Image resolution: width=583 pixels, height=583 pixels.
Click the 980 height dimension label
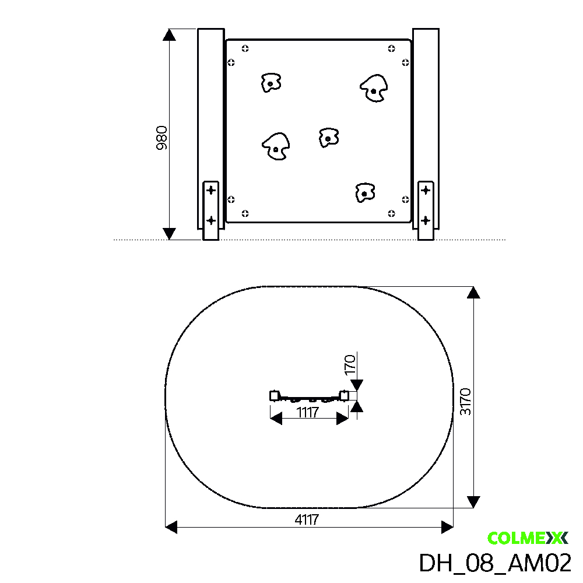click(161, 138)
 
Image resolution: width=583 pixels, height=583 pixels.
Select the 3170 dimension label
click(465, 402)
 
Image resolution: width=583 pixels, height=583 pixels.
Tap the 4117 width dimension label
click(307, 519)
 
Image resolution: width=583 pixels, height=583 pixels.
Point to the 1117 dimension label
click(308, 412)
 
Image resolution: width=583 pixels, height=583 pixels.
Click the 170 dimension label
click(350, 365)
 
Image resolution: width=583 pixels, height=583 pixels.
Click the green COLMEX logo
click(528, 538)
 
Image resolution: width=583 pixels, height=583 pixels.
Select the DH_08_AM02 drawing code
click(495, 563)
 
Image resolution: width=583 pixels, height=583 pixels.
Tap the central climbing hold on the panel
click(329, 138)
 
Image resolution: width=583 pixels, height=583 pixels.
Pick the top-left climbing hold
click(271, 83)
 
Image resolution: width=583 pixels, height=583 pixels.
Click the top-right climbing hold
click(374, 89)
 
